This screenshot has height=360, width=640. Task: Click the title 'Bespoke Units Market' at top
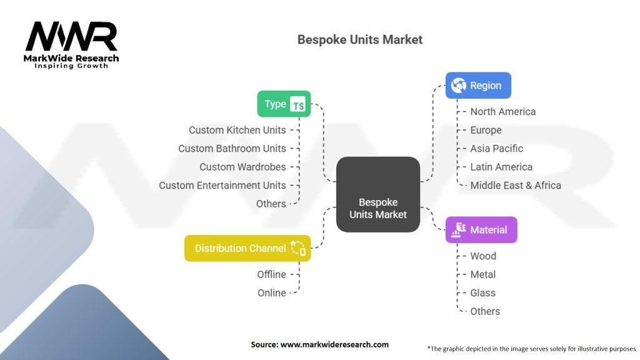[359, 40]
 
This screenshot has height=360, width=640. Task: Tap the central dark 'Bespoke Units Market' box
[378, 194]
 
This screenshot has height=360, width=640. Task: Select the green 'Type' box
[284, 104]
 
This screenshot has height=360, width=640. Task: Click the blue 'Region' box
[478, 86]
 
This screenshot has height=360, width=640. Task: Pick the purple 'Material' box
[481, 230]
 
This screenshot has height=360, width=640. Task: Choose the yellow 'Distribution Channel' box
[247, 248]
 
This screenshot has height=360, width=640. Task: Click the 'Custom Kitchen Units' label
[237, 130]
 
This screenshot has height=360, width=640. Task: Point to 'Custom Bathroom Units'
[232, 148]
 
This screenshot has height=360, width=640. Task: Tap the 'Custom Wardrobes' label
[242, 167]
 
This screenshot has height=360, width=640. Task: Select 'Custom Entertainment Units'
[222, 185]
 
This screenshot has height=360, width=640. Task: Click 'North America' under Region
[502, 111]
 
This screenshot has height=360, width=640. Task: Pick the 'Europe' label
[486, 130]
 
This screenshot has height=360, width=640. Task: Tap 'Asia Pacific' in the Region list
[496, 148]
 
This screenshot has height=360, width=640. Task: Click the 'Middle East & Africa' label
[515, 185]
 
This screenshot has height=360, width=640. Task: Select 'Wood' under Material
[483, 256]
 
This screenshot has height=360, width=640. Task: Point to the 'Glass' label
[482, 292]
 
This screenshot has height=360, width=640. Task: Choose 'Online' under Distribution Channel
[272, 292]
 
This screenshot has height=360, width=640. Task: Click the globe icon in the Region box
[459, 86]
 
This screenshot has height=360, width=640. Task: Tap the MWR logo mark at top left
[71, 37]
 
